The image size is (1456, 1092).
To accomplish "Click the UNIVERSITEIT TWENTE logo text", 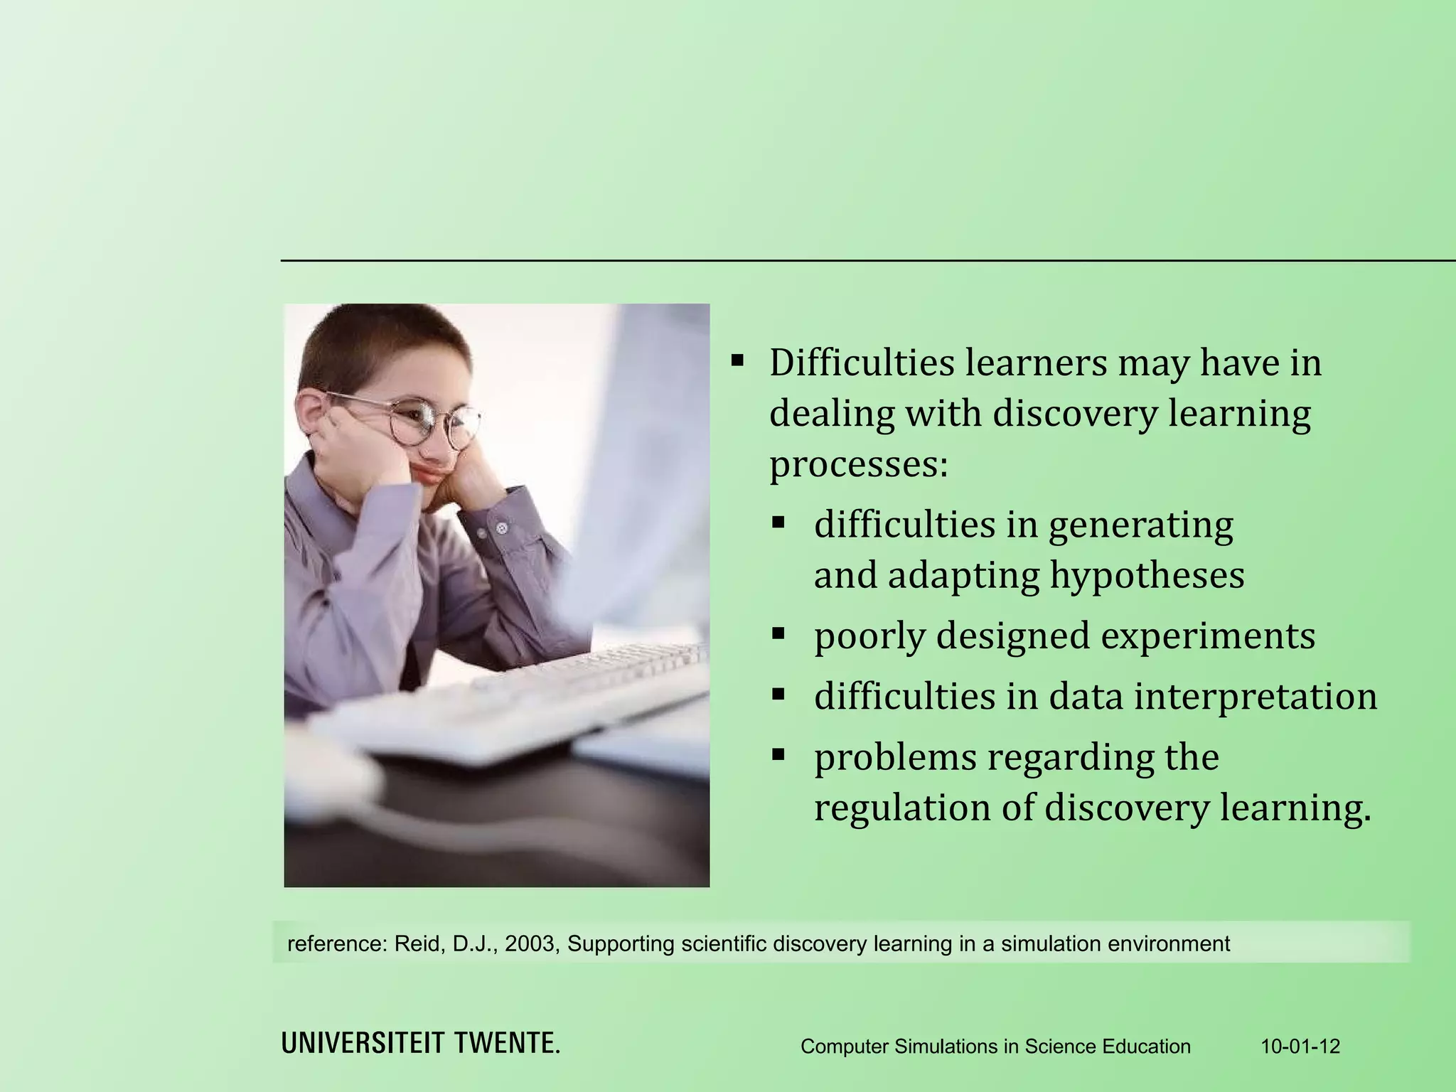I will [x=421, y=1043].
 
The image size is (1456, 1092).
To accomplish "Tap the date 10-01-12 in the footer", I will [x=1300, y=1046].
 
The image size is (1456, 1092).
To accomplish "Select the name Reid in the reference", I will [x=419, y=944].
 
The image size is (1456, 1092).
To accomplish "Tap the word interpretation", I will [x=1256, y=696].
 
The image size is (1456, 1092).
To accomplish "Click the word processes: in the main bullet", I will [x=859, y=465].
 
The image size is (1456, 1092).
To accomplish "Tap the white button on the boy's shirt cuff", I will [x=503, y=528].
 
